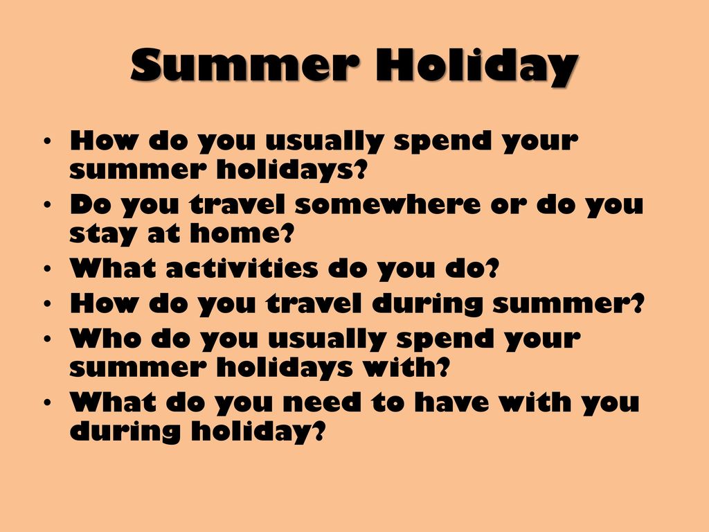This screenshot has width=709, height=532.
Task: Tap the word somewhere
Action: (x=388, y=204)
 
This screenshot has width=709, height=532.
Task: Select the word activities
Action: (x=242, y=268)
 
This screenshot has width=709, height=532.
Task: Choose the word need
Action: (x=322, y=402)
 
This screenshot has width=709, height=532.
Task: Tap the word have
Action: (x=451, y=402)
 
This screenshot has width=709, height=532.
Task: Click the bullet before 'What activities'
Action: (x=48, y=269)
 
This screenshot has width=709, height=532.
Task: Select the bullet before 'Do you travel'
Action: (x=48, y=205)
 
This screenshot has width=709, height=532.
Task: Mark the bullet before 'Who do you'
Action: (x=48, y=338)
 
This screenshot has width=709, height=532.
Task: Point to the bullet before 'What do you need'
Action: (x=48, y=402)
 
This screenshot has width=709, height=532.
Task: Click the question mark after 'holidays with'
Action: (x=444, y=367)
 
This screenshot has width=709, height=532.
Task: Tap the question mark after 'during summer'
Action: (x=637, y=303)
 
